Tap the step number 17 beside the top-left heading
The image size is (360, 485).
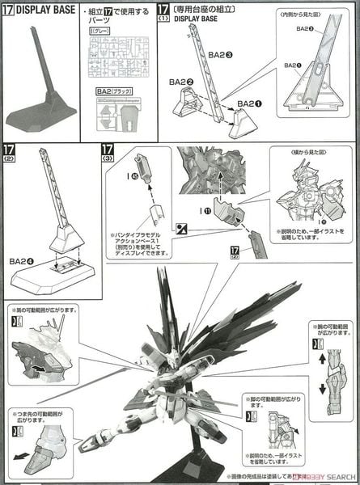(10, 9)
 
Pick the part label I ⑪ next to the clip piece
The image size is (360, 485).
(201, 213)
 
